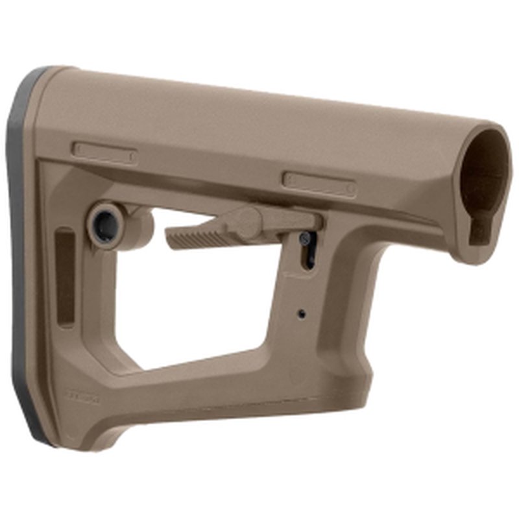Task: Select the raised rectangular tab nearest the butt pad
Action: [x=104, y=152]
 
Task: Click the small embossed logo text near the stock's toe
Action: [x=80, y=392]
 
